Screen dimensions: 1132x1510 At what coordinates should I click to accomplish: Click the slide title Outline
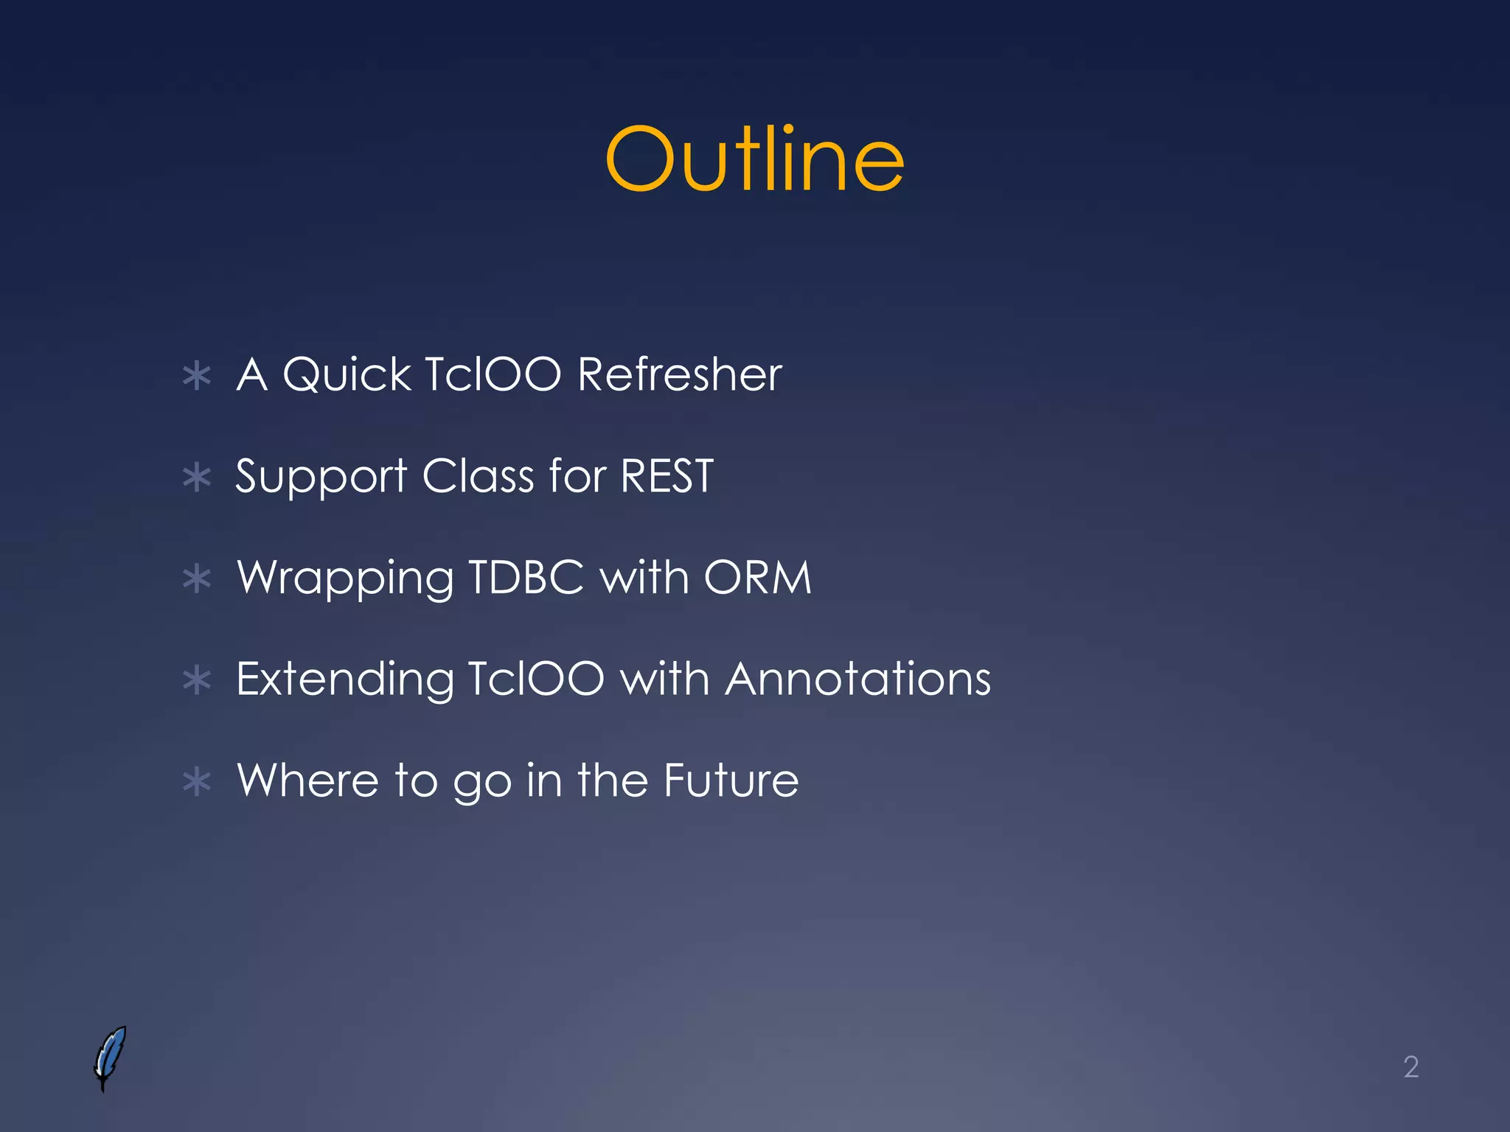tap(754, 158)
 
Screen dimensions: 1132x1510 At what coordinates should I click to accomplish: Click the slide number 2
tap(1410, 1067)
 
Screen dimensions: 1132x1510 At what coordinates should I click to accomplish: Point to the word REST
tap(667, 475)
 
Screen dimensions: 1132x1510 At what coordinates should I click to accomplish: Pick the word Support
tap(321, 477)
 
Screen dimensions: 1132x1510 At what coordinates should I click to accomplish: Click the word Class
tap(478, 475)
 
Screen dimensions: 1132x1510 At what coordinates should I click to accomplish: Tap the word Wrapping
tap(345, 579)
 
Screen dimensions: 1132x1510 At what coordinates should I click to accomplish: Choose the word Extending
tap(344, 679)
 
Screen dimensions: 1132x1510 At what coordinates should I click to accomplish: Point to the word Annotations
tap(857, 678)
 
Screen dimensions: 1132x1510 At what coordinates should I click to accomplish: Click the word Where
tap(307, 780)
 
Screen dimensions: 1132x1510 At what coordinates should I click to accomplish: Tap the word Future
tap(731, 780)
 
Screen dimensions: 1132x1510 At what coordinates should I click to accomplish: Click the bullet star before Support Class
tap(197, 478)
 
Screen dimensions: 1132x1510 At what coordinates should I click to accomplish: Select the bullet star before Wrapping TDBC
tap(197, 579)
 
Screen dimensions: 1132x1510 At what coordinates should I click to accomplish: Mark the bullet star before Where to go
tap(197, 782)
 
